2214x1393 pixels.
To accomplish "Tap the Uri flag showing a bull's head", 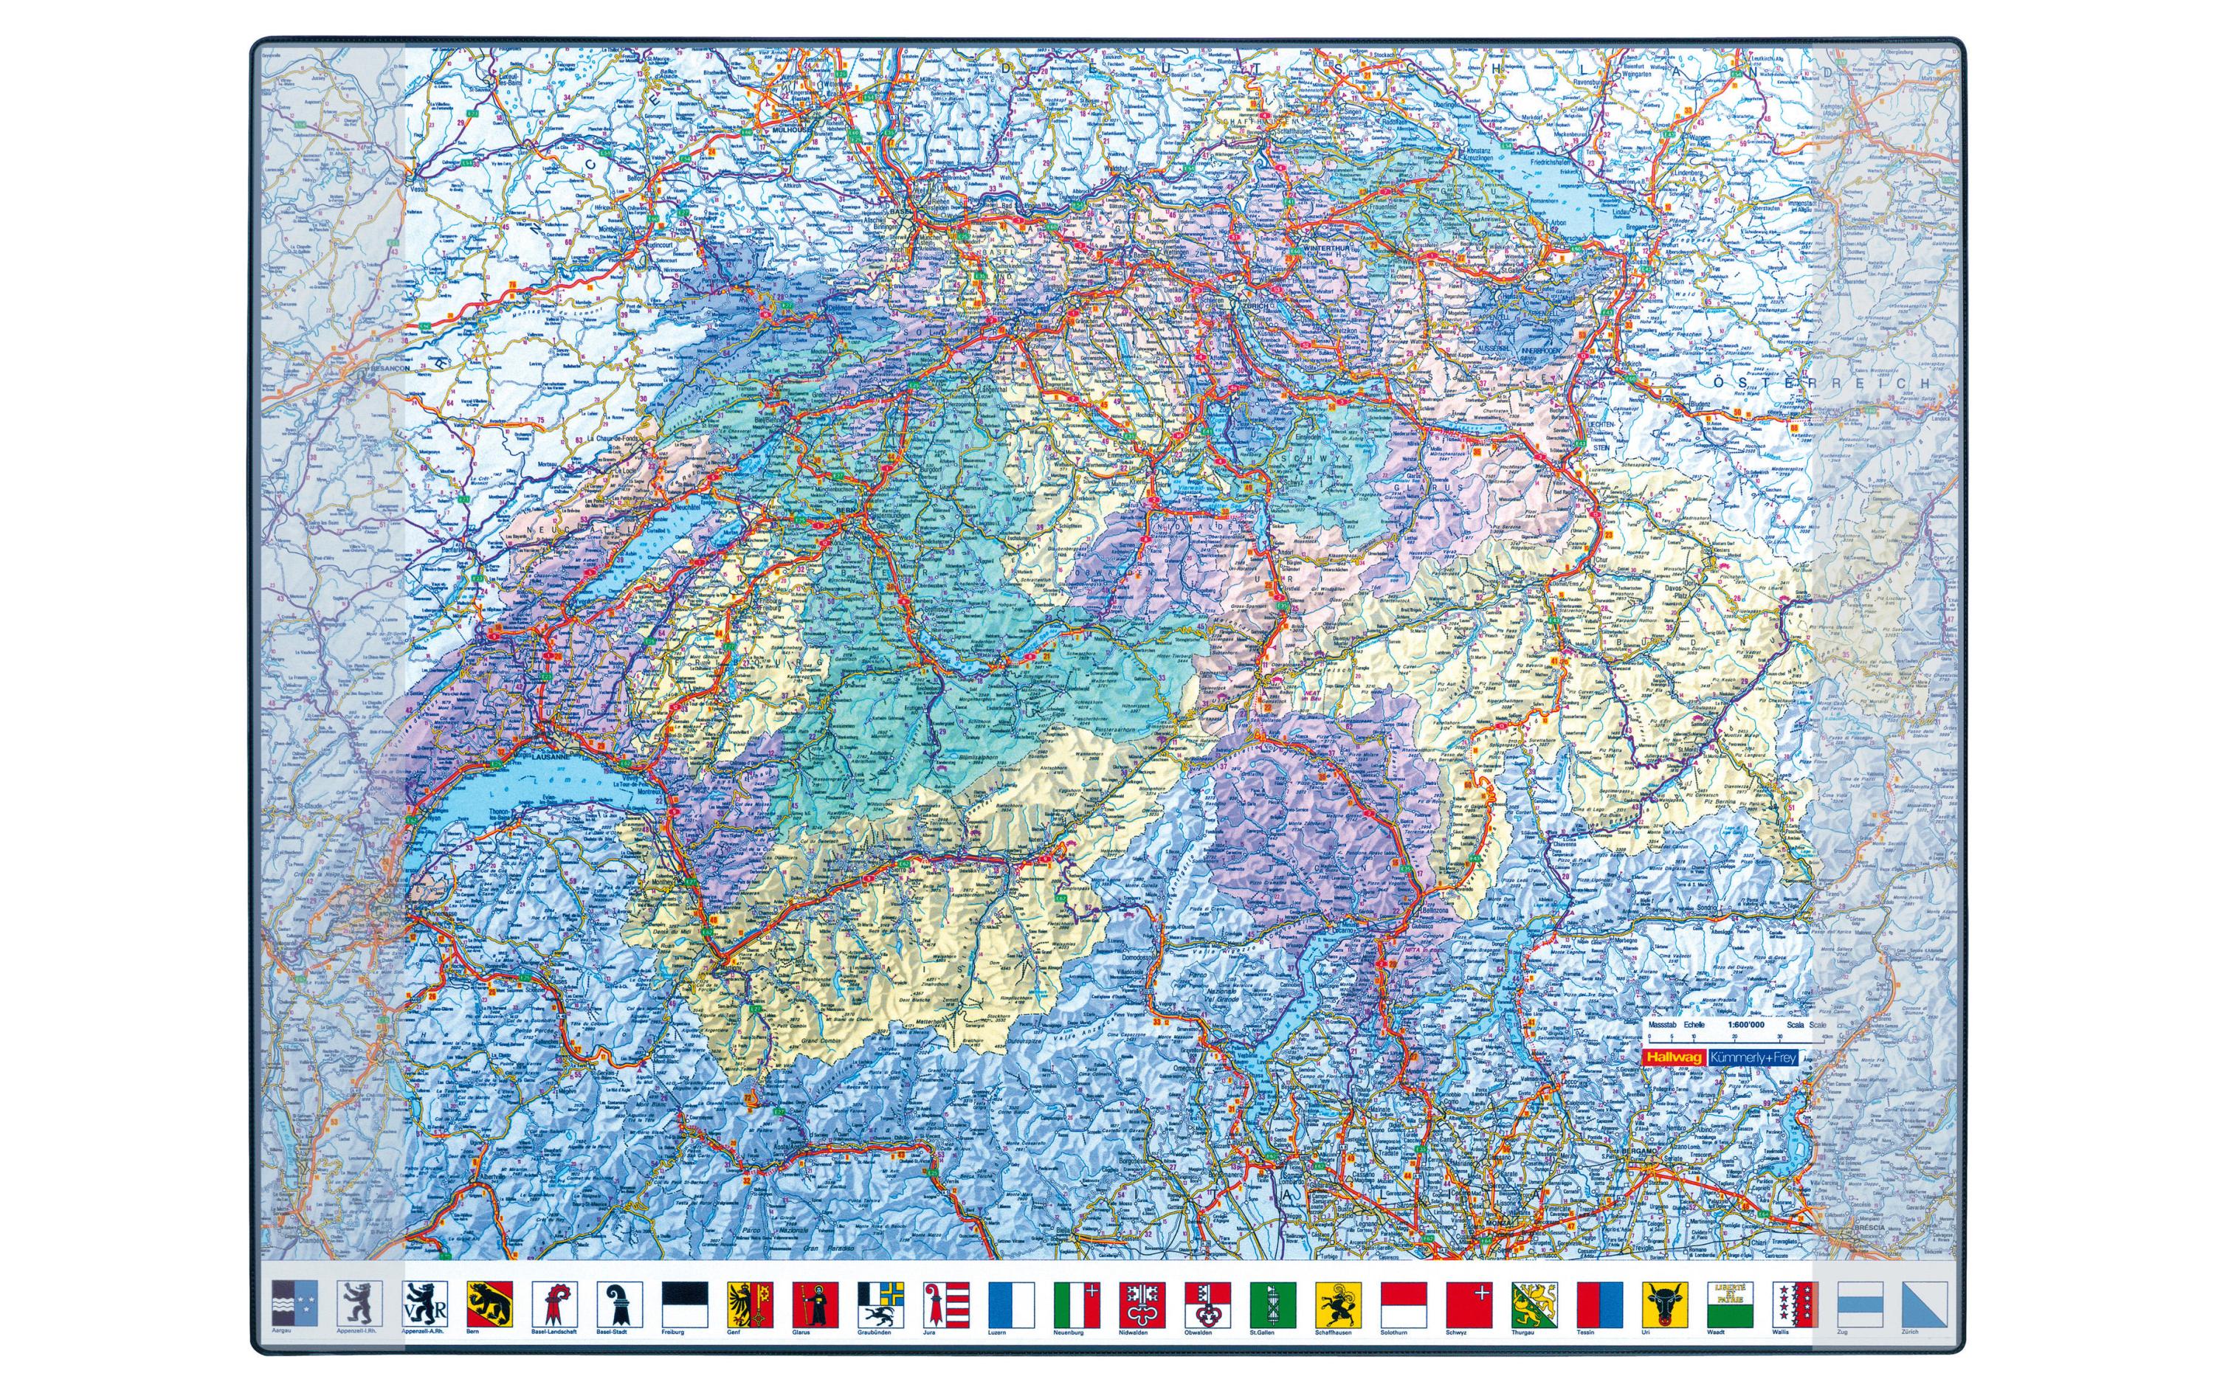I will click(1665, 1303).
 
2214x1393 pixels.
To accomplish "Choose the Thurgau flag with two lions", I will click(1534, 1303).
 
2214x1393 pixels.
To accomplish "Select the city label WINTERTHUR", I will click(1331, 246).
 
